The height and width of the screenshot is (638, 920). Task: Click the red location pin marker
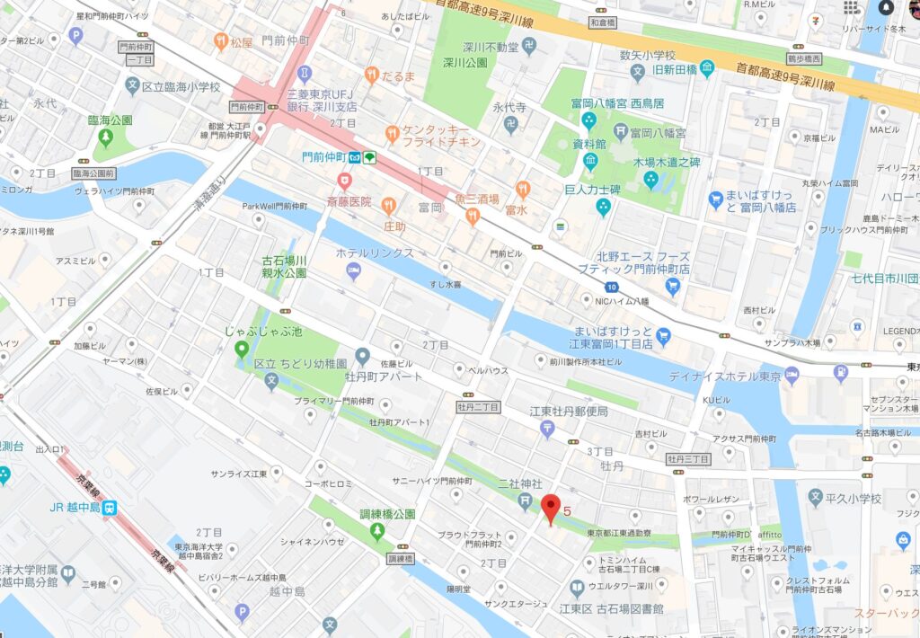(551, 509)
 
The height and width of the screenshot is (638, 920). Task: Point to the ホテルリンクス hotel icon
(354, 270)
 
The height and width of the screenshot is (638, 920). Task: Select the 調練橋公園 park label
(387, 515)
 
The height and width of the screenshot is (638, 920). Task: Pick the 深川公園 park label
(464, 63)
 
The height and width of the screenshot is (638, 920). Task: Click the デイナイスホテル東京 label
(723, 376)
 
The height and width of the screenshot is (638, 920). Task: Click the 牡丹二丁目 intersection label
(477, 407)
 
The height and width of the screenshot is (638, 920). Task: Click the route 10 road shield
(611, 286)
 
